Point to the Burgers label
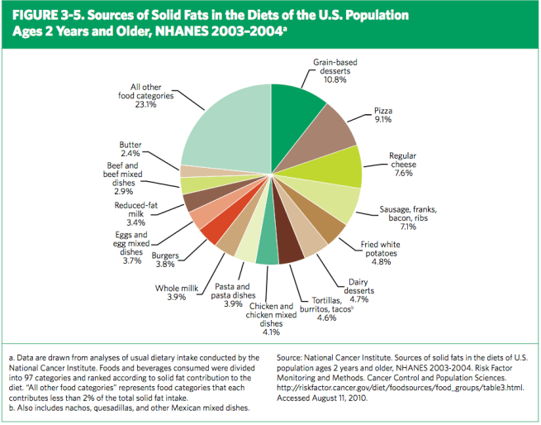[167, 255]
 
